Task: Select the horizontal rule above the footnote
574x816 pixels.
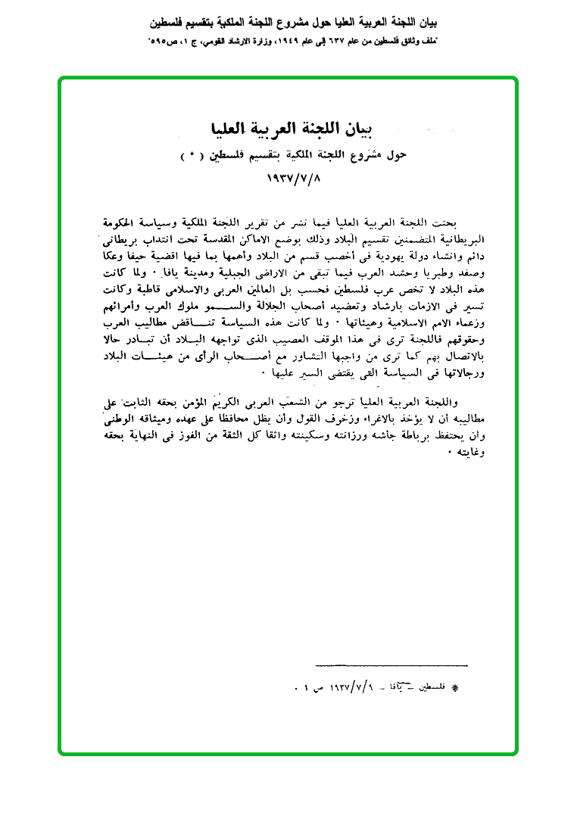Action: tap(390, 665)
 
